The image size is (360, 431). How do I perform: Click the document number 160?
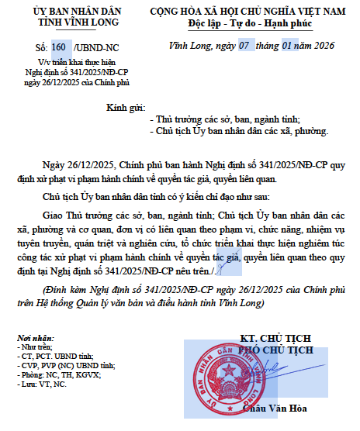coord(59,48)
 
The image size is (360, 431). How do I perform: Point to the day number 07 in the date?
coord(244,46)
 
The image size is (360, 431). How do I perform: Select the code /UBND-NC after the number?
coord(91,48)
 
